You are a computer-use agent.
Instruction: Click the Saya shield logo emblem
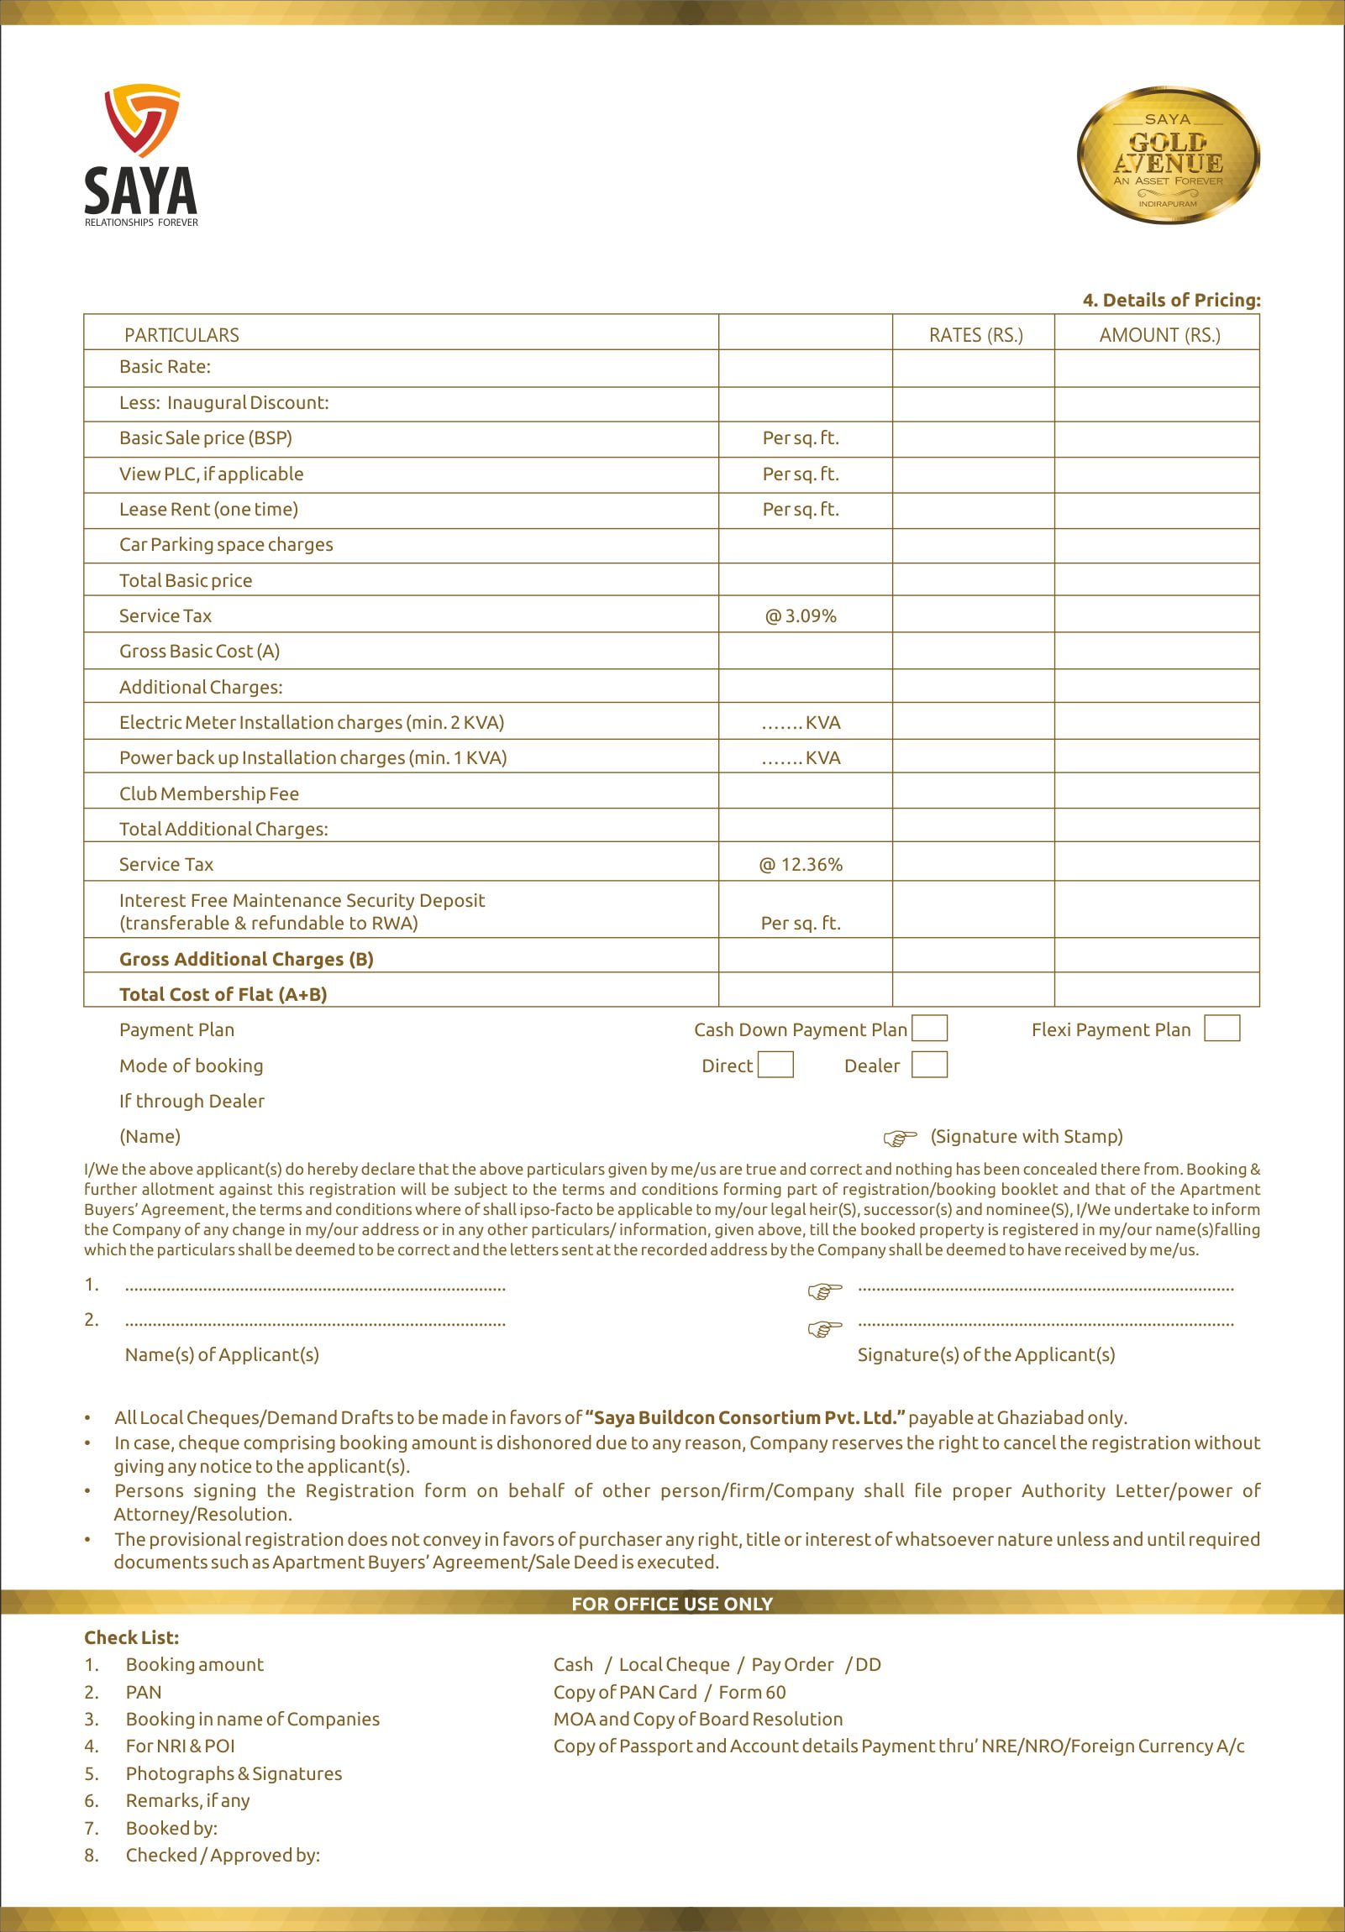(141, 118)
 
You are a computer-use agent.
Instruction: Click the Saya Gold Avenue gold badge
(1168, 154)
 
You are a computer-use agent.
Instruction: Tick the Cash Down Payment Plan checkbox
(929, 1028)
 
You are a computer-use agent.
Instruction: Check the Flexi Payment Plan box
(1222, 1028)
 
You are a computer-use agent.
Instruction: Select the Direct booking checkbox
(775, 1065)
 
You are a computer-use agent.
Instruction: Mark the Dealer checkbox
(929, 1065)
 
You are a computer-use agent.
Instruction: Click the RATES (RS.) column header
(975, 335)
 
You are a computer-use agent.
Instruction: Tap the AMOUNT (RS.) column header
(1159, 335)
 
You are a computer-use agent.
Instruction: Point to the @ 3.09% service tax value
(801, 616)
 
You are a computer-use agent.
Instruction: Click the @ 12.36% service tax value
(801, 864)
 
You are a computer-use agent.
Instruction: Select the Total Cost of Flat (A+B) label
(223, 994)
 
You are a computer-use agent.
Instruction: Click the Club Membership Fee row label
(208, 793)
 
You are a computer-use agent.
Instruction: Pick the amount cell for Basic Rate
(1157, 368)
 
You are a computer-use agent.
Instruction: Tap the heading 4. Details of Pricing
(1171, 300)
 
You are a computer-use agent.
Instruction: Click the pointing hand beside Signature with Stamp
(899, 1138)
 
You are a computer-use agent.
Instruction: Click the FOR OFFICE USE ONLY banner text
(671, 1604)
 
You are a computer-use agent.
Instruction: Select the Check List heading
(131, 1637)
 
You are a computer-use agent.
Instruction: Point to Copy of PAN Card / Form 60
(669, 1692)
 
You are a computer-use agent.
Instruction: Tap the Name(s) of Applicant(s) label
(221, 1355)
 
